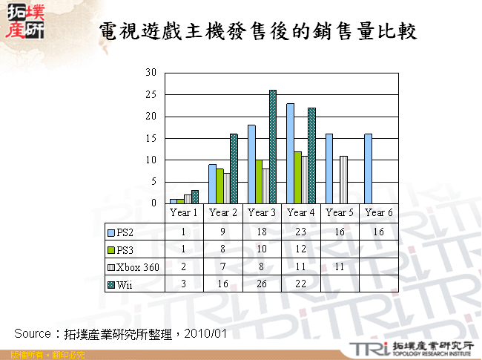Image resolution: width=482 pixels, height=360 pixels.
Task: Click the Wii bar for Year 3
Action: pos(273,146)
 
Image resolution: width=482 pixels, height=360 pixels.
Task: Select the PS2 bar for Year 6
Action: pos(369,168)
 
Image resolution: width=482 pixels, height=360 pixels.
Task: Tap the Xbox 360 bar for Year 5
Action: pos(343,179)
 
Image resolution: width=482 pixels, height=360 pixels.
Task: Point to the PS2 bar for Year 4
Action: pos(290,153)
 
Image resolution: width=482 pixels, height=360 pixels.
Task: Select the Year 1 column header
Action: pos(184,212)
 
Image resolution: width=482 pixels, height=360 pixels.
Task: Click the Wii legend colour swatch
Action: pos(109,284)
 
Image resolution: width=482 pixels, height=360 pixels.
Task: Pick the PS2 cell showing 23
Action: pos(300,231)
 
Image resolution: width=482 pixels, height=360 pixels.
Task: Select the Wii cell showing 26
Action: pos(261,284)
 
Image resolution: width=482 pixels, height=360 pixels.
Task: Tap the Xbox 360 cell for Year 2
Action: pos(222,266)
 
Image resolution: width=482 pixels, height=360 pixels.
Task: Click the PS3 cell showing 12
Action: pos(300,249)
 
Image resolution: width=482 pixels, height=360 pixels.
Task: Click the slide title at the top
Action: pos(257,30)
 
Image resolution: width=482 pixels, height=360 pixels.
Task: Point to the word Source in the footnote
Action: pos(32,333)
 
